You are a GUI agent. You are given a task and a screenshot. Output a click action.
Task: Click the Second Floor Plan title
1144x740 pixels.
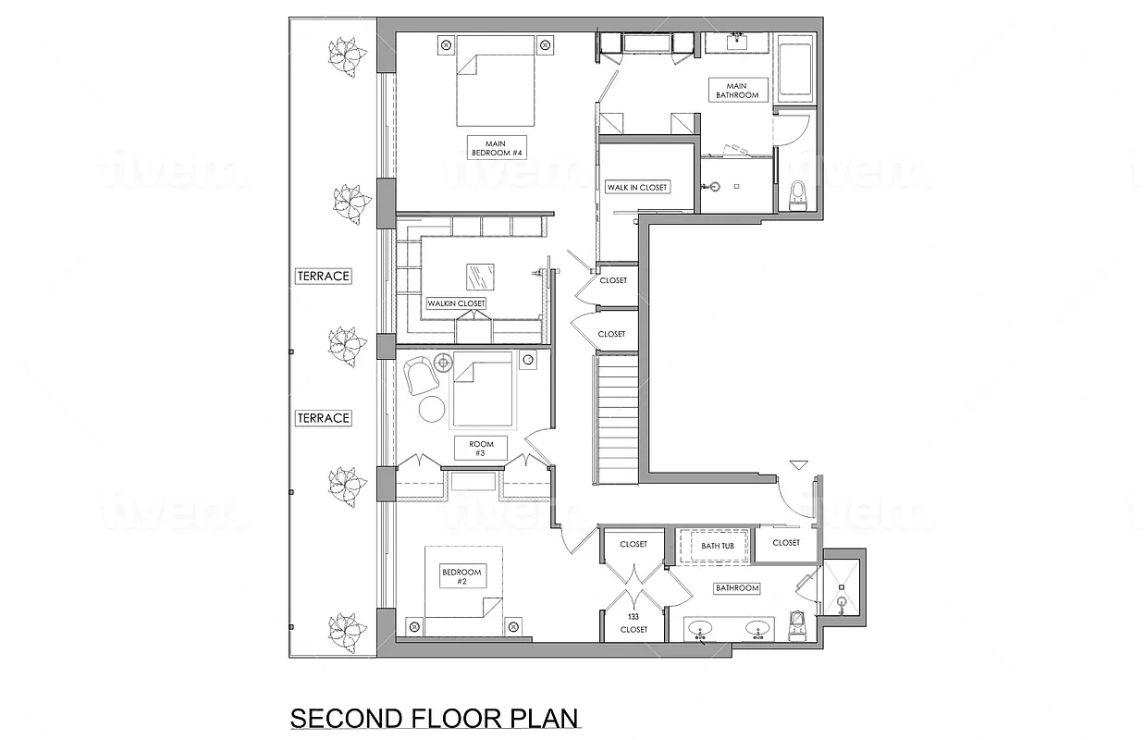pyautogui.click(x=434, y=719)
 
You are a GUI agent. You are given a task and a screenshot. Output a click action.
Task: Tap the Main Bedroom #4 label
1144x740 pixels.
pyautogui.click(x=498, y=147)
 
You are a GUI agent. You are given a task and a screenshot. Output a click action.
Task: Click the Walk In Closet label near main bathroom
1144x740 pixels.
pyautogui.click(x=636, y=187)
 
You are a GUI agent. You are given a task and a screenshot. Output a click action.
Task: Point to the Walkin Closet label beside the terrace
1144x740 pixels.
pyautogui.click(x=456, y=303)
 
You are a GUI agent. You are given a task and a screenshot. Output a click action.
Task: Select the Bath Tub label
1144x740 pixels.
pyautogui.click(x=717, y=546)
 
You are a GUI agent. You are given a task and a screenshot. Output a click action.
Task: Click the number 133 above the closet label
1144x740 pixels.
pyautogui.click(x=634, y=616)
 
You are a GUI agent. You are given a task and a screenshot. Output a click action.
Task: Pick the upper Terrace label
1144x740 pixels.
pyautogui.click(x=323, y=276)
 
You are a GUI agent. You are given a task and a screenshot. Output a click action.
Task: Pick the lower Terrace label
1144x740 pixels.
pyautogui.click(x=323, y=418)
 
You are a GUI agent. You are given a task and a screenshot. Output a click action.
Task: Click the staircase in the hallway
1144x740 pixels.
pyautogui.click(x=616, y=421)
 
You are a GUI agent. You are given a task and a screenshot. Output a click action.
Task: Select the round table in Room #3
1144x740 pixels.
pyautogui.click(x=433, y=408)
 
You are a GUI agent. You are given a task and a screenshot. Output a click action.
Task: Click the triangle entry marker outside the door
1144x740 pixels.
pyautogui.click(x=799, y=465)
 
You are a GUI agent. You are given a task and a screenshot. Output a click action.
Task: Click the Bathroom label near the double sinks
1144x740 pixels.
pyautogui.click(x=736, y=587)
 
